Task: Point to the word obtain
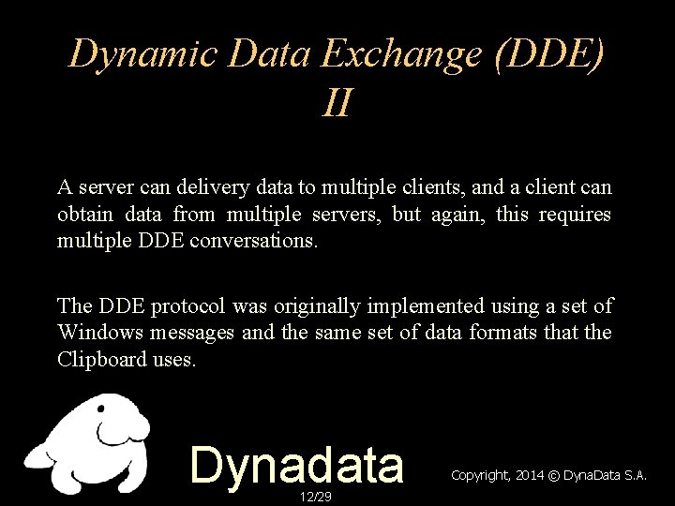83,216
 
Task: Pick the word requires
575,216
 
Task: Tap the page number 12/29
309,495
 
